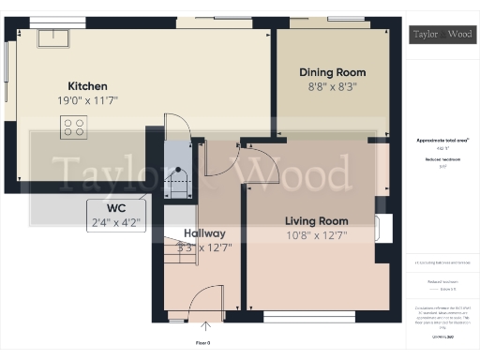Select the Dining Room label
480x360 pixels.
pos(332,72)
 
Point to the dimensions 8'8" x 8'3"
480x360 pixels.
pos(332,86)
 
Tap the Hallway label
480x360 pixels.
pos(203,233)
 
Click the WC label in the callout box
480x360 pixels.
pos(116,207)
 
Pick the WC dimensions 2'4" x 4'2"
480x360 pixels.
pos(116,222)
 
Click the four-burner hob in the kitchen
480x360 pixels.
pos(73,127)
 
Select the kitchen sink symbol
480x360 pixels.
pos(52,38)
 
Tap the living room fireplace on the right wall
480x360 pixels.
pos(381,229)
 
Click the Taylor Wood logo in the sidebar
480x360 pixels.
pos(442,35)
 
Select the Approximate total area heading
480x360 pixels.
pos(442,141)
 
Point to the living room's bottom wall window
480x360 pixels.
pos(296,318)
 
